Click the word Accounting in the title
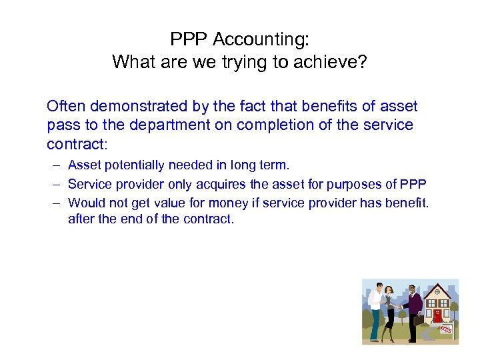[261, 39]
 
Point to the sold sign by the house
[446, 328]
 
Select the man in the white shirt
[375, 310]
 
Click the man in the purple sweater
[412, 310]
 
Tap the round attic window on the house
[437, 292]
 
